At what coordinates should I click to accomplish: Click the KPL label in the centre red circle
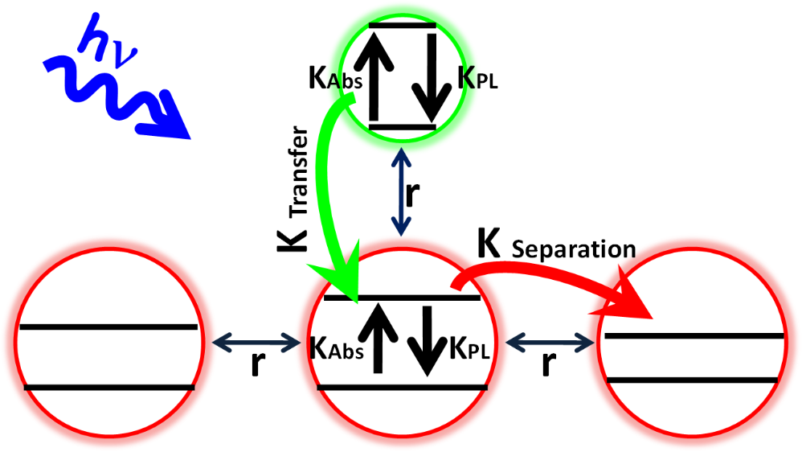pos(470,347)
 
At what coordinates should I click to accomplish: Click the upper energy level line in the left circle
pos(108,327)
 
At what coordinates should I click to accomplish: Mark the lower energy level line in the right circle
pos(693,379)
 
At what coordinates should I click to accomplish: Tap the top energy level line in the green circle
pos(402,26)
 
